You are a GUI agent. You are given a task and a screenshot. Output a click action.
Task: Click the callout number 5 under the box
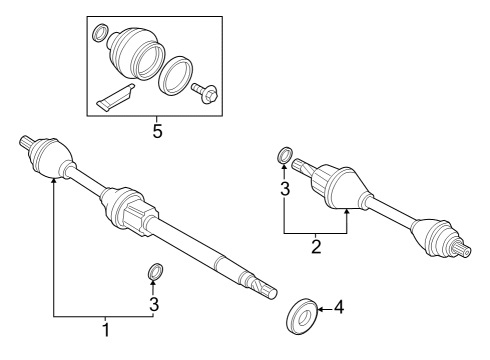(x=156, y=132)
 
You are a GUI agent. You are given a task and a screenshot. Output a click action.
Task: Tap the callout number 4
(x=338, y=309)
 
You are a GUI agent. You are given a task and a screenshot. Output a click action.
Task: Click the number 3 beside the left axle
(x=155, y=303)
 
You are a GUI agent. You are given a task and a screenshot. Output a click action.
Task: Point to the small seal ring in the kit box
(x=100, y=36)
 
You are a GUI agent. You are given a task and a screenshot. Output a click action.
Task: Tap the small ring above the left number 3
(x=155, y=271)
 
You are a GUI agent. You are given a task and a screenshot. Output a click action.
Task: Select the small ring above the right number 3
(x=284, y=155)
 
